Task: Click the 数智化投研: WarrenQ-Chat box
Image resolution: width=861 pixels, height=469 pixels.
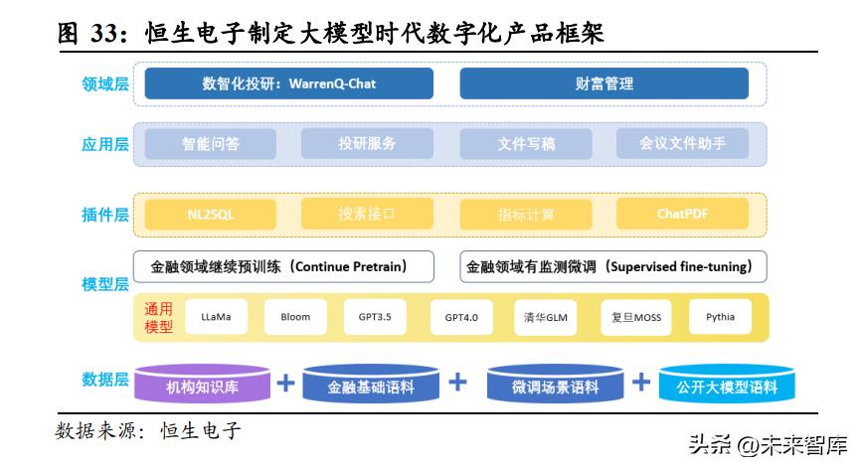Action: point(288,83)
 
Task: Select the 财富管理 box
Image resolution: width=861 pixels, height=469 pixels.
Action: point(603,83)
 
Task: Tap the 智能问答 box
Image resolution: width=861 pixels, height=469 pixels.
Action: point(210,143)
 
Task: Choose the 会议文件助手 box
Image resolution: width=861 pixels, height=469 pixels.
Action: point(681,143)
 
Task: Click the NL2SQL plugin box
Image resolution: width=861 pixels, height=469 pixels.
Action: point(210,214)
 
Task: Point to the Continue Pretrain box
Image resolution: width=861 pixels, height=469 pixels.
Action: point(284,266)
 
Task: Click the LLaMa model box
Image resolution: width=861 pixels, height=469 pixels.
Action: point(216,318)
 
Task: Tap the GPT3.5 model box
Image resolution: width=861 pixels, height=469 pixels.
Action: point(375,318)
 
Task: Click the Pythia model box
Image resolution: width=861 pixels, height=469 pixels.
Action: point(720,318)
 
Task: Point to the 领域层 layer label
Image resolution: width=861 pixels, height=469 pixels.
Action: point(105,83)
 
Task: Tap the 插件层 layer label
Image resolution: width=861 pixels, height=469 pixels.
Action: point(105,214)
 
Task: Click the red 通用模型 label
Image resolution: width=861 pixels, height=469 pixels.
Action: point(159,318)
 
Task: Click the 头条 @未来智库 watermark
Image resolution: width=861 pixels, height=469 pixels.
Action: point(767,444)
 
